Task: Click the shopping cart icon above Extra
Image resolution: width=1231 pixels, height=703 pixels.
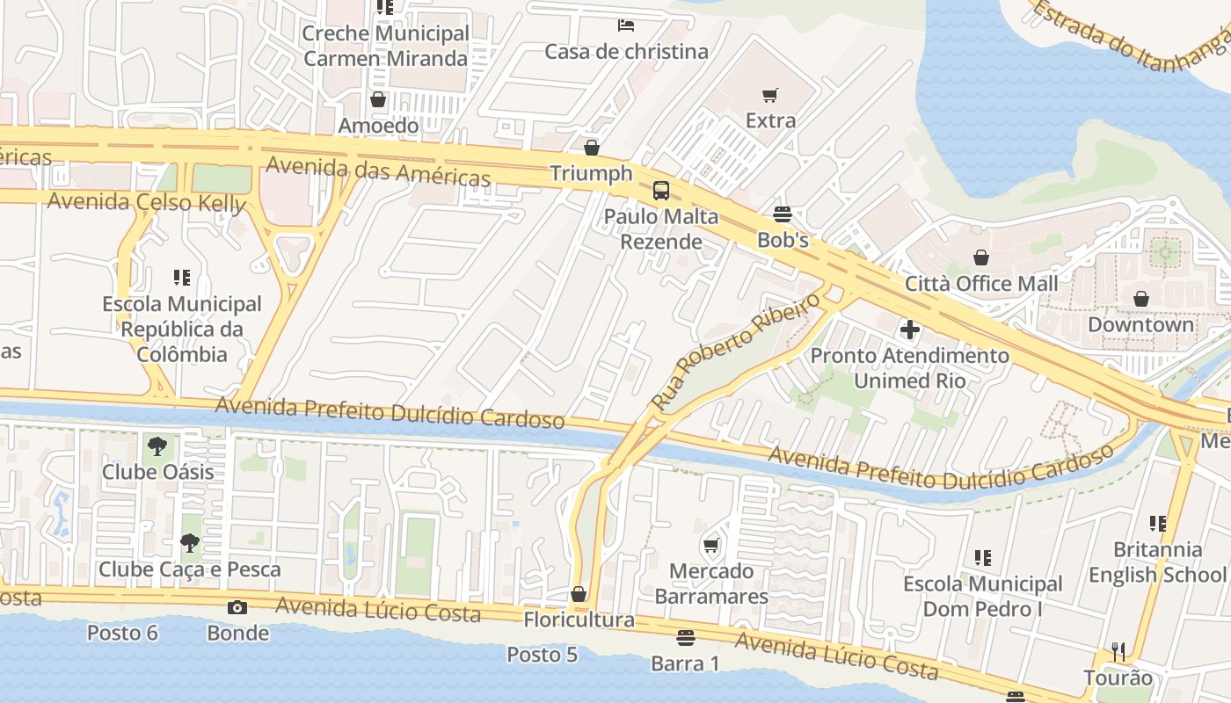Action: [x=770, y=95]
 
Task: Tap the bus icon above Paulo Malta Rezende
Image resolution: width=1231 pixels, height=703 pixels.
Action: [x=660, y=191]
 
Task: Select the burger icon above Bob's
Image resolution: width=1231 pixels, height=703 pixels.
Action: [x=782, y=214]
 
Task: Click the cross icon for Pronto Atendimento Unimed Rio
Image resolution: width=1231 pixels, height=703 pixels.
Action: [x=910, y=330]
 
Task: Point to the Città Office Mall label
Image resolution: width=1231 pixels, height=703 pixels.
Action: [x=981, y=284]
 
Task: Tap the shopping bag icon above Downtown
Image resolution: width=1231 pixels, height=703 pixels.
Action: [x=1140, y=300]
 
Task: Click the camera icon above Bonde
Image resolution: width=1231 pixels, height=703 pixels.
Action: [x=237, y=607]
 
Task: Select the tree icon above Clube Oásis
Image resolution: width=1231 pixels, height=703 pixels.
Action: [x=157, y=446]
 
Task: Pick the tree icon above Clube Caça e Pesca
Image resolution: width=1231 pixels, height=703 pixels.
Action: [x=189, y=544]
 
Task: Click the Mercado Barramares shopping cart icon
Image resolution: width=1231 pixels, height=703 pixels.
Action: [x=711, y=546]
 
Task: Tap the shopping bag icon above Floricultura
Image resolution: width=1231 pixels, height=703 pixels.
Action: [x=579, y=595]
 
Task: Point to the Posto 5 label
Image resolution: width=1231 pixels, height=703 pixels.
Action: [x=542, y=655]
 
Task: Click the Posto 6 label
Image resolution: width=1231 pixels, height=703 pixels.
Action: [x=122, y=633]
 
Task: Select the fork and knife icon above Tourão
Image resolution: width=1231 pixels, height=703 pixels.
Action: [x=1118, y=652]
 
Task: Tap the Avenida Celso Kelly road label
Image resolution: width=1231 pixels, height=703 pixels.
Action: [x=146, y=202]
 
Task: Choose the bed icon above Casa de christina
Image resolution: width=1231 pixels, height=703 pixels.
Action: [x=626, y=25]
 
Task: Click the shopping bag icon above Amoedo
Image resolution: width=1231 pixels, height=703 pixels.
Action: [x=378, y=100]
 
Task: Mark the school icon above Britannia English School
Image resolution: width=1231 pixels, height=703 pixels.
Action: [x=1157, y=524]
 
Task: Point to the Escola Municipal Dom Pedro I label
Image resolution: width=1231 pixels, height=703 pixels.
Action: [x=983, y=597]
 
